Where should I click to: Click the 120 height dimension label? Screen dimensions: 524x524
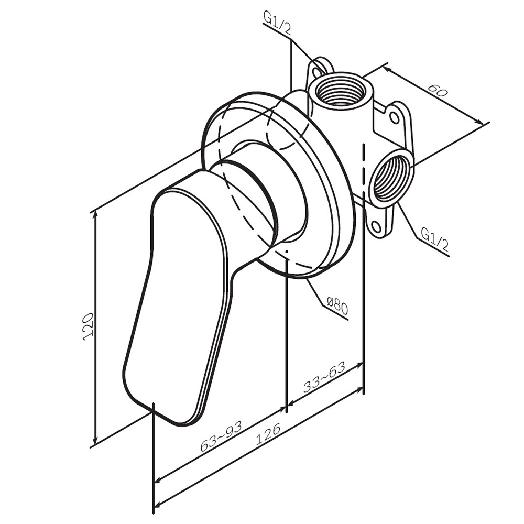[x=88, y=326]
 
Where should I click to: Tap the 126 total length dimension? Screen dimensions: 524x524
[x=268, y=434]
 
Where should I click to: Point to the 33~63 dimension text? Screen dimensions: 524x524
[x=324, y=377]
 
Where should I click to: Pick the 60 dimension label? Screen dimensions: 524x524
[x=437, y=90]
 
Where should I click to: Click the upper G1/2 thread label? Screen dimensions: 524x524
[x=277, y=23]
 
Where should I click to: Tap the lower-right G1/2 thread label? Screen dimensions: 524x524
[x=434, y=239]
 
